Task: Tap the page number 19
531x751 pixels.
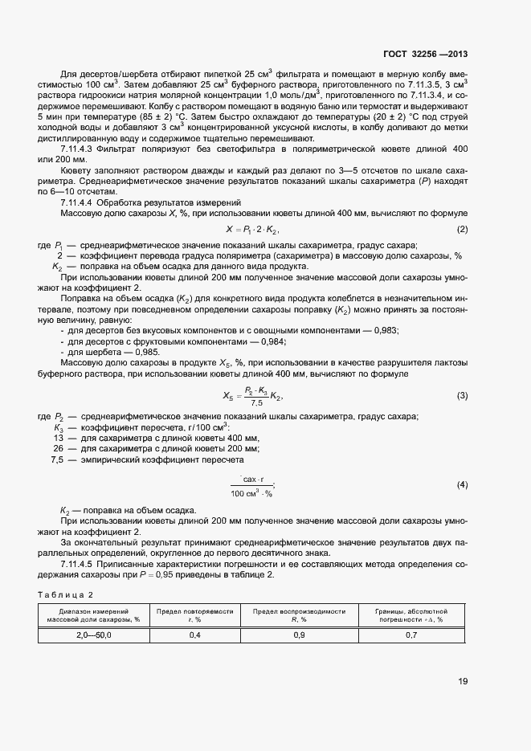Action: [x=463, y=681]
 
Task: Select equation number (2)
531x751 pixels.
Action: [x=462, y=231]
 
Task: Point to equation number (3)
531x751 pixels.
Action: [x=462, y=396]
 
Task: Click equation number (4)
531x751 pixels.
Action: [x=462, y=486]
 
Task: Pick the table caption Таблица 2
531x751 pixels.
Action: [x=66, y=594]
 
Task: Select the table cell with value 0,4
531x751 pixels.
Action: [x=194, y=635]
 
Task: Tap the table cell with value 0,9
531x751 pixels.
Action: [x=299, y=635]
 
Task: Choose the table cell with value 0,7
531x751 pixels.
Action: [x=411, y=635]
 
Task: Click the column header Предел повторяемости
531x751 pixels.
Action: [x=194, y=611]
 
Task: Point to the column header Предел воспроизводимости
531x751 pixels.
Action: [x=299, y=611]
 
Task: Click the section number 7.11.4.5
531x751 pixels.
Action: [x=80, y=565]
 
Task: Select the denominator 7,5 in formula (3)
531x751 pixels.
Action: [x=257, y=402]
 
